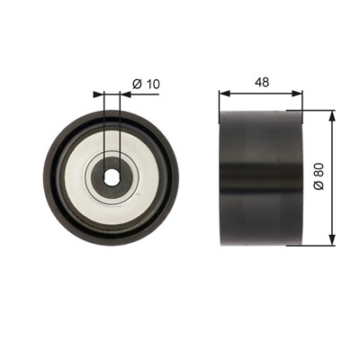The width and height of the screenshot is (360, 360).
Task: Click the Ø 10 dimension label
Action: [146, 84]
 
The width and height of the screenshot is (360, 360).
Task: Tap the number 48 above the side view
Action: [262, 82]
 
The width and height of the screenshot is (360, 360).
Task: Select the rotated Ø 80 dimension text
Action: [319, 176]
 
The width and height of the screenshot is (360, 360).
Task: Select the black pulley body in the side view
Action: [261, 177]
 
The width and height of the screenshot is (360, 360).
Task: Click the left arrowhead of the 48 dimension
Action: [224, 94]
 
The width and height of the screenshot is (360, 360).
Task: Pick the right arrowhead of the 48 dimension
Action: [297, 94]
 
